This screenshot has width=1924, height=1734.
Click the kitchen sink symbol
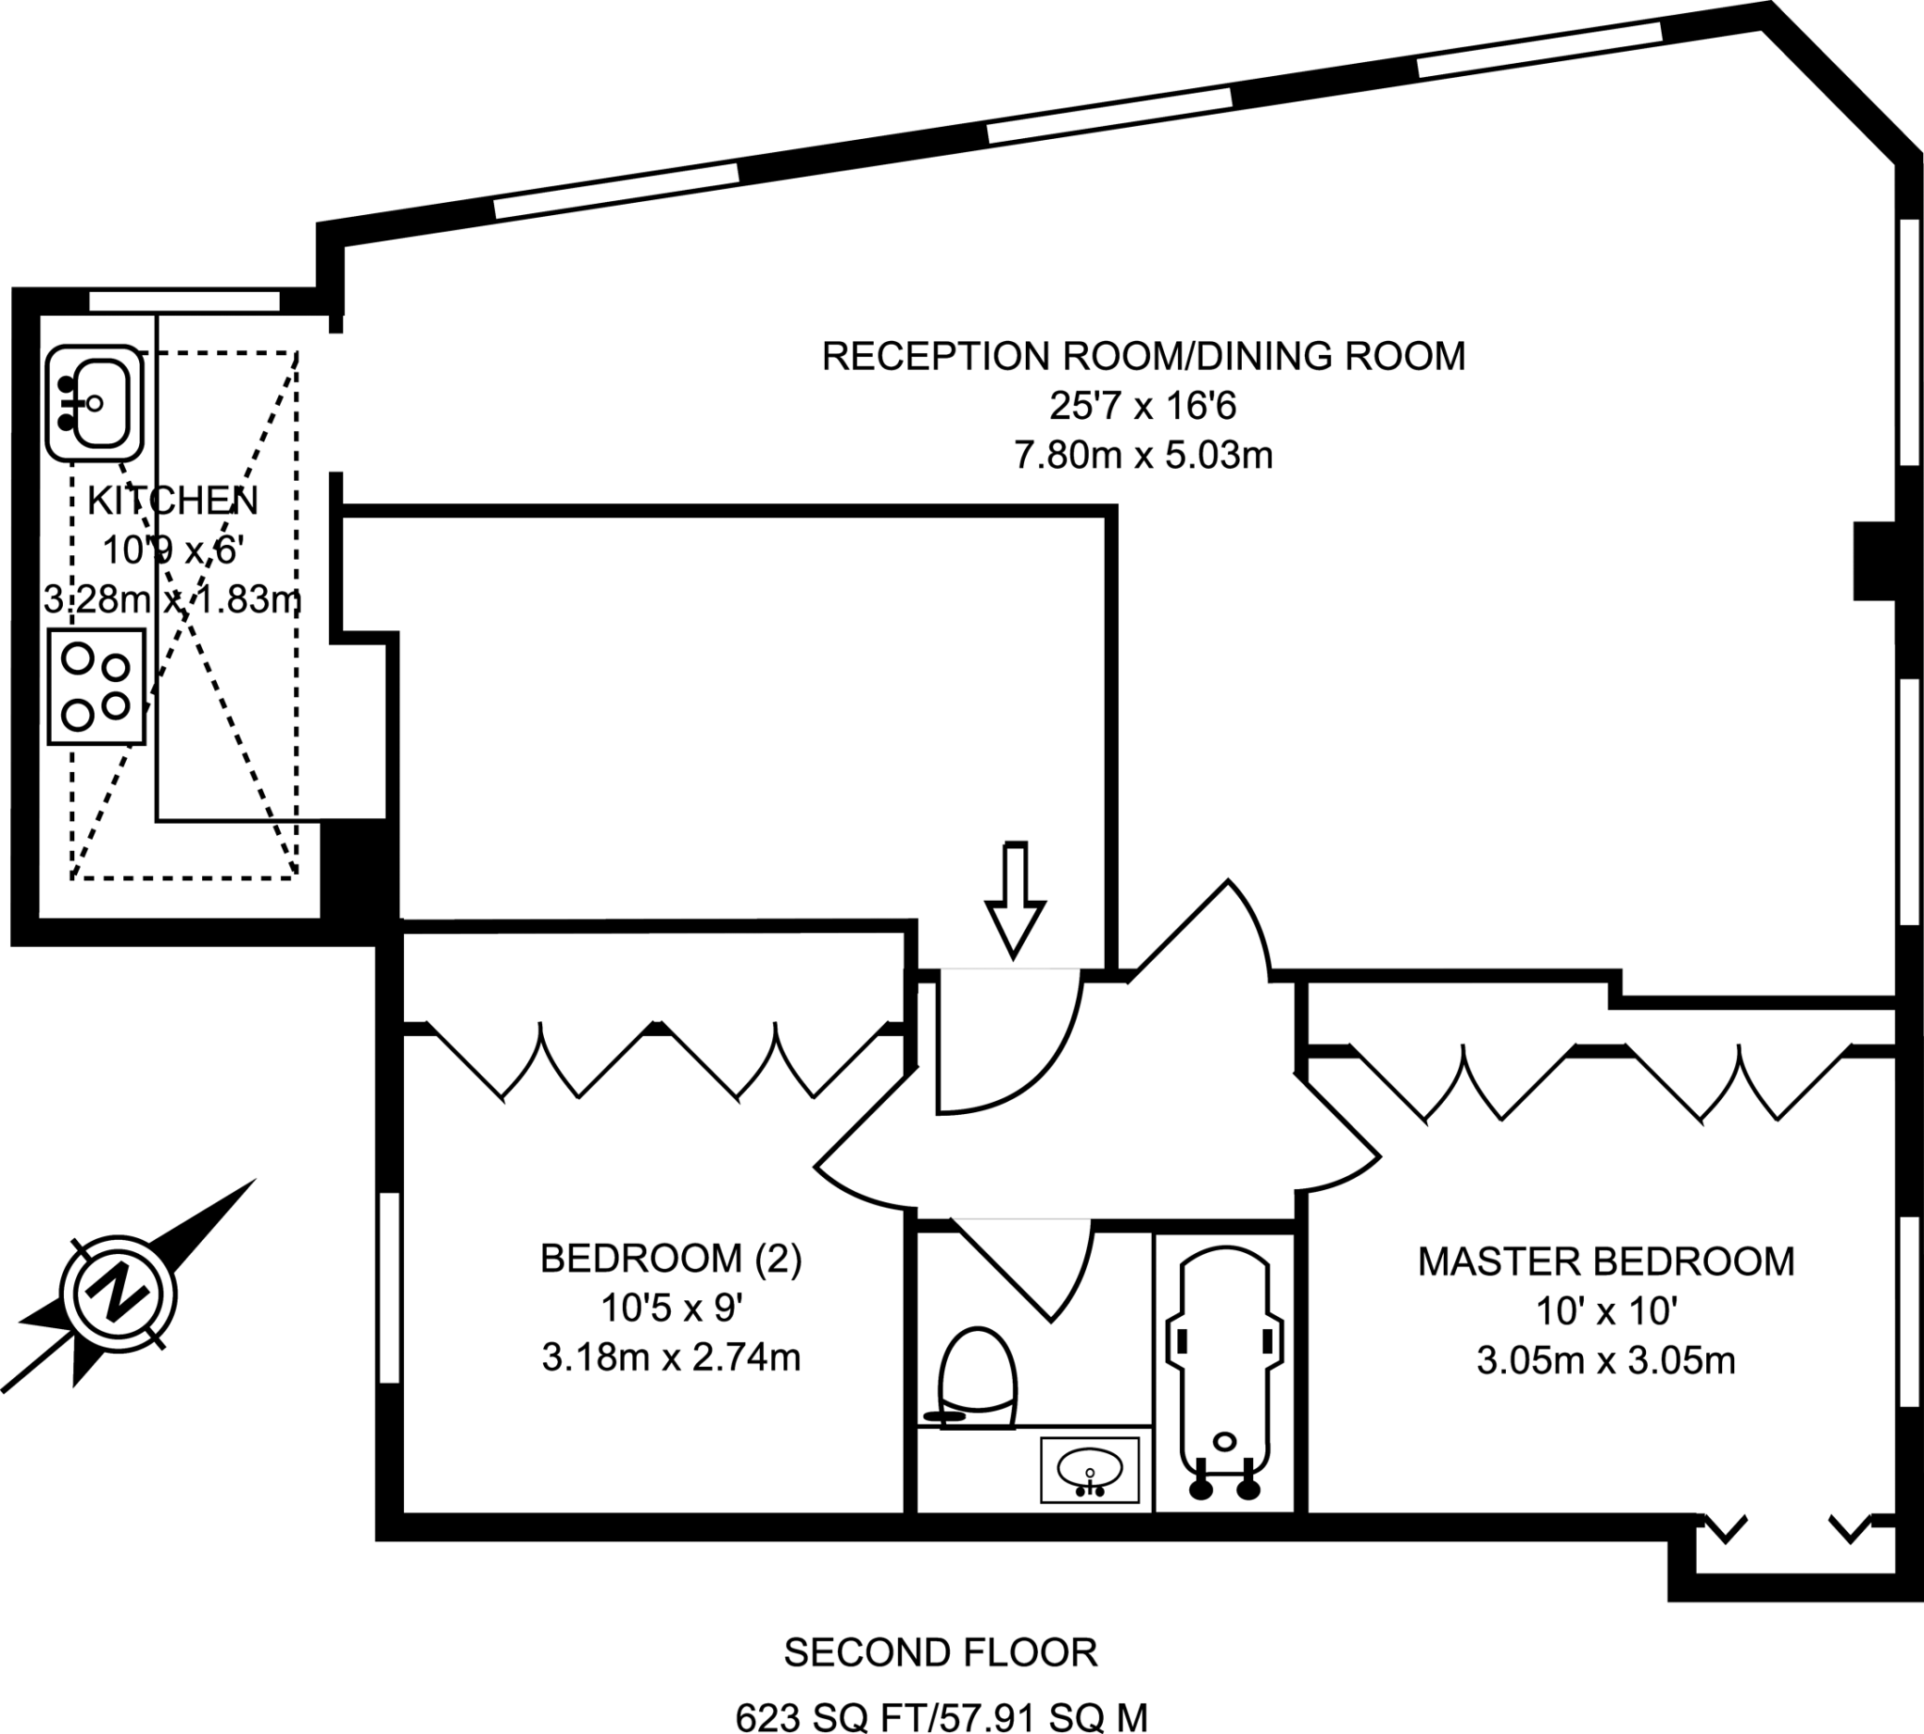coord(94,403)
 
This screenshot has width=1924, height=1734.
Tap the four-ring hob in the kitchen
coord(96,686)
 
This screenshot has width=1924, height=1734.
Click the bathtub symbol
coord(1224,1373)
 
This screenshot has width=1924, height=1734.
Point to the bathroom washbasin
coord(1089,1470)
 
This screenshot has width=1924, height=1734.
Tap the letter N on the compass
coord(118,1293)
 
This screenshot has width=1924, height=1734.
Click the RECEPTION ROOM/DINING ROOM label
coord(1142,356)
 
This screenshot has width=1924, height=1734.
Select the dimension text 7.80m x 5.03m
coord(1142,456)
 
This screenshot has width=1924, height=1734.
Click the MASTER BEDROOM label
coord(1606,1262)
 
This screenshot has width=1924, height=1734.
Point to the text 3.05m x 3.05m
coord(1606,1360)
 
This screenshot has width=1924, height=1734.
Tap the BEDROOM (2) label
coord(671,1259)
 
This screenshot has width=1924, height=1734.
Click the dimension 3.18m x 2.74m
coord(671,1356)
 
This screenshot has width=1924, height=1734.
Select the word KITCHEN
coord(173,500)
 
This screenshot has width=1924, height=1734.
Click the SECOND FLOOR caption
coord(939,1653)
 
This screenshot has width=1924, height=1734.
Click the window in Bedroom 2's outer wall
coord(389,1287)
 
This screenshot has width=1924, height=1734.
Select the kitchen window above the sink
coord(184,302)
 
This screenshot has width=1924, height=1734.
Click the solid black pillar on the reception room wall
coord(1873,561)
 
